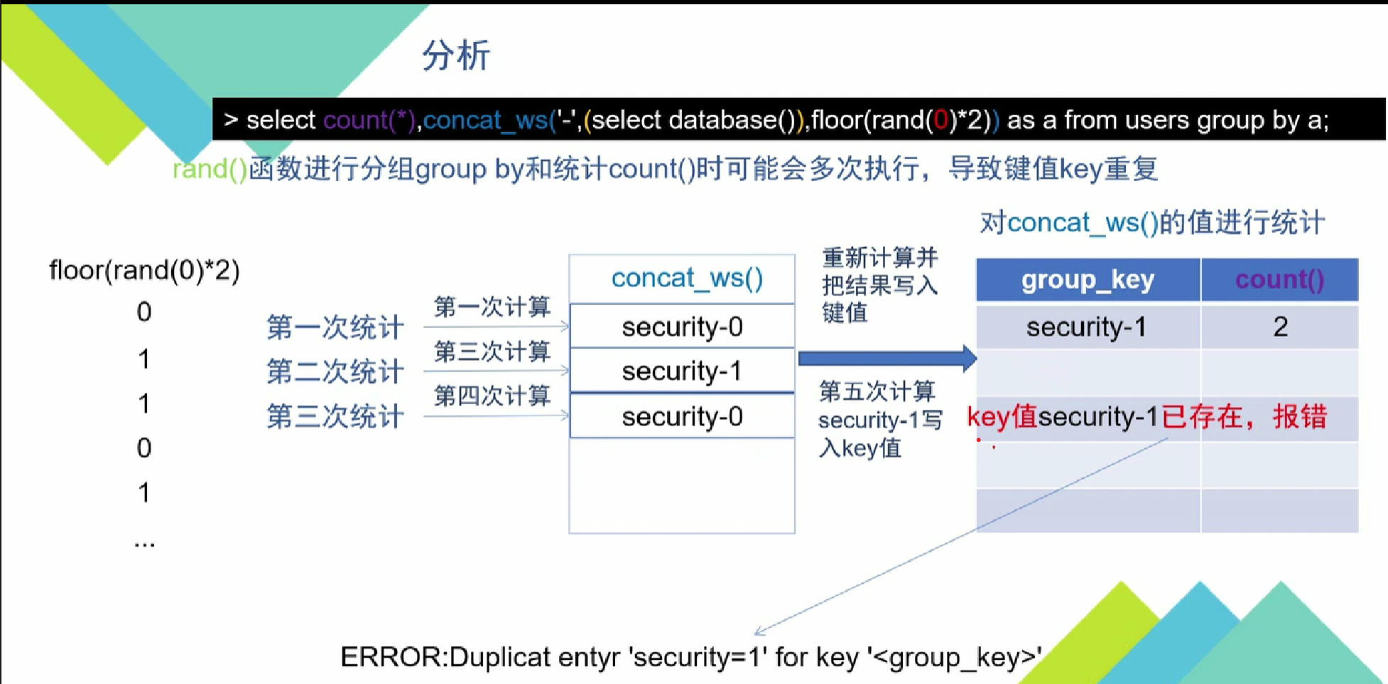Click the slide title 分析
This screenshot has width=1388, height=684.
456,55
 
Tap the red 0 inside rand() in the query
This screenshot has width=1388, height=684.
941,120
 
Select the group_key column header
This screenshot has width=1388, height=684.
1088,280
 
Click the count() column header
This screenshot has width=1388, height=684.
1279,280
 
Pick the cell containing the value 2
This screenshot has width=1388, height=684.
1280,327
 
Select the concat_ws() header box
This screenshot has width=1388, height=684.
686,278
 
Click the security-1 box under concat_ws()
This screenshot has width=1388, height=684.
682,371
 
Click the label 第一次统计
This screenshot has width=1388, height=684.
335,327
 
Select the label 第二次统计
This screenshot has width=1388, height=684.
335,371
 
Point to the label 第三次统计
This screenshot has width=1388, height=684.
335,416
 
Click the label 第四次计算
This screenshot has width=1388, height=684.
492,395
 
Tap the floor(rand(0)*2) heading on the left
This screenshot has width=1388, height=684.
144,271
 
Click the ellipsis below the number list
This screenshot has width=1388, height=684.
144,545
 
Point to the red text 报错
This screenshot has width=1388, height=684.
1300,416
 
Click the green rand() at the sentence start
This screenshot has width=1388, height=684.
210,169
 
